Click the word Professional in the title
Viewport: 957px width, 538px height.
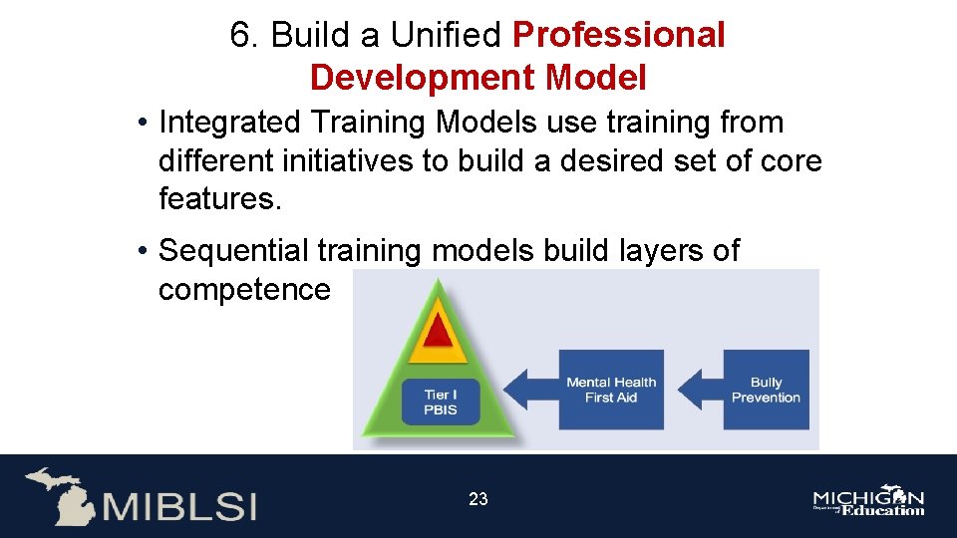tap(618, 35)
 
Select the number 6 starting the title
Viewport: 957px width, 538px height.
tap(239, 35)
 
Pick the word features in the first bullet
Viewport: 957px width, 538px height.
tap(220, 198)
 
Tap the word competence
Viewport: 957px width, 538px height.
tap(243, 290)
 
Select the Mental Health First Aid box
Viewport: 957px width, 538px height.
tap(611, 390)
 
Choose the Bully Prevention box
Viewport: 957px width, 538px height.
tap(766, 390)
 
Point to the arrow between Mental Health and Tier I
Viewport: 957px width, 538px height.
tap(532, 390)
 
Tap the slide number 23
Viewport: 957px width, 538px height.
tap(478, 499)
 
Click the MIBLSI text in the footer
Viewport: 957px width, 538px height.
tap(178, 504)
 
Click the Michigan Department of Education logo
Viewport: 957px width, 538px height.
tap(868, 502)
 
